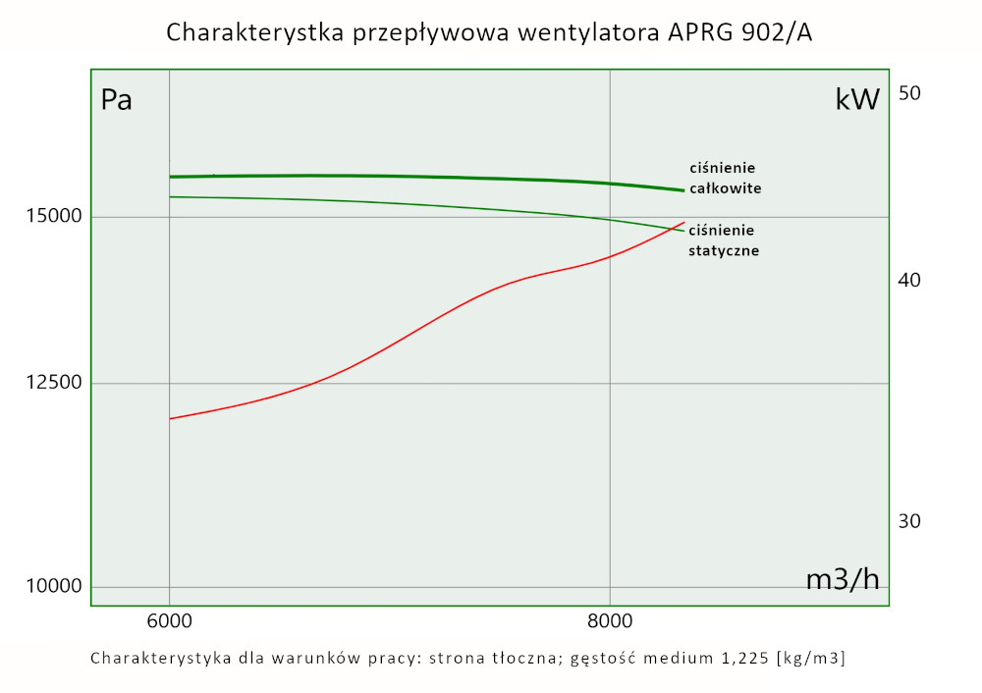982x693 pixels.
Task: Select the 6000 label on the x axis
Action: coord(169,620)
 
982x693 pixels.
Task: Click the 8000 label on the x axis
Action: coord(610,620)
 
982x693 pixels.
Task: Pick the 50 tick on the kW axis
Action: coord(909,93)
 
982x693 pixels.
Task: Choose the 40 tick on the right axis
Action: coord(909,281)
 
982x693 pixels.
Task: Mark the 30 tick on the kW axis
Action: coord(909,521)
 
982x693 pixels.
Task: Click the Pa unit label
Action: coord(117,100)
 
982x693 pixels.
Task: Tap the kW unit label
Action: coord(857,99)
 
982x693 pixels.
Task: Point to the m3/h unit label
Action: coord(843,579)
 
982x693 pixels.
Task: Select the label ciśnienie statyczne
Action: coord(724,240)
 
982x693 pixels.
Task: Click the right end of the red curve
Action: coord(684,222)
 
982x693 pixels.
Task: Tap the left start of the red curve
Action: coord(171,419)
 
